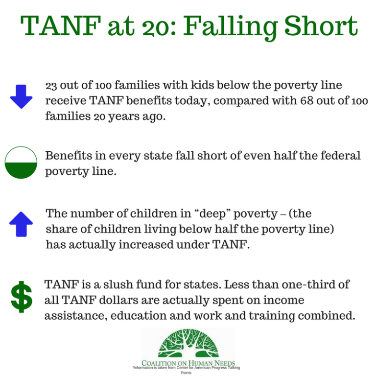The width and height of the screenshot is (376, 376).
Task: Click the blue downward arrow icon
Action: coord(21,96)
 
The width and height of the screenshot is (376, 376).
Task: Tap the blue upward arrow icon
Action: coord(21,225)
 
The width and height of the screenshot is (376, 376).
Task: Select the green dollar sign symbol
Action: coord(22,297)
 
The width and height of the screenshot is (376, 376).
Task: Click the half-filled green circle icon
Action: coord(21,163)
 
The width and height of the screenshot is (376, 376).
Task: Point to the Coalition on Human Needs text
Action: coord(188,363)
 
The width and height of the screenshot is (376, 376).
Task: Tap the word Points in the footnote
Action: coord(186,373)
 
